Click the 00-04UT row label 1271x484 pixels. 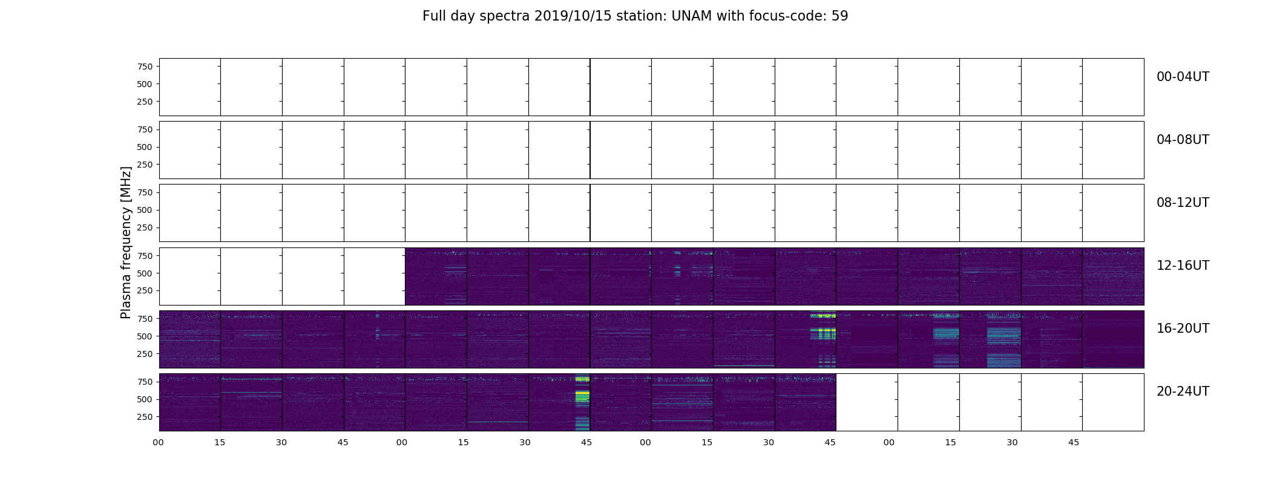(1183, 77)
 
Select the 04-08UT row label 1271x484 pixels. (1183, 140)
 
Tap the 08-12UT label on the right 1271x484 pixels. (1183, 203)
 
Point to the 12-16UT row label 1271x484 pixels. (1183, 266)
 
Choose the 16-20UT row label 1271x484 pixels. (1183, 329)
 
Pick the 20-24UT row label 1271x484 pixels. (1183, 391)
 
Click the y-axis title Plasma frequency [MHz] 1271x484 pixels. (126, 243)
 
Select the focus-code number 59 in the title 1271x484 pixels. (839, 16)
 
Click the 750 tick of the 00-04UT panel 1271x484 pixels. (145, 67)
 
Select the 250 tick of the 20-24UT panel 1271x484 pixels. (145, 417)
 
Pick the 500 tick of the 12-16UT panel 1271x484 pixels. (145, 273)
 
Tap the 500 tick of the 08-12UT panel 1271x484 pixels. (145, 211)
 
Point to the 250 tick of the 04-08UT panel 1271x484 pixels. (145, 165)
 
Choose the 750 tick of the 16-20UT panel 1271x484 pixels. (145, 319)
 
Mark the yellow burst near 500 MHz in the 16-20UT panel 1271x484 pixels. (823, 333)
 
